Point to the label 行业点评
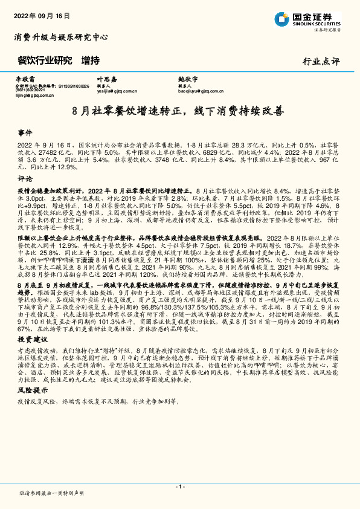pyautogui.click(x=323, y=61)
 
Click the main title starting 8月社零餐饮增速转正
pyautogui.click(x=181, y=111)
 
